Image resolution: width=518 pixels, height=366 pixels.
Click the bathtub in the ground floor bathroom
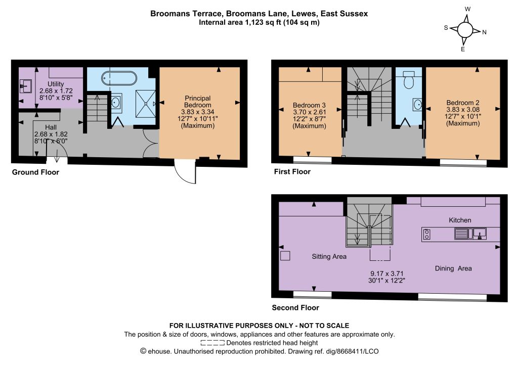coord(119,78)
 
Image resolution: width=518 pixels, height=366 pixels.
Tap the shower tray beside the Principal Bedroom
coord(145,103)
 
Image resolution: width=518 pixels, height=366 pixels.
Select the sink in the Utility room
coord(25,86)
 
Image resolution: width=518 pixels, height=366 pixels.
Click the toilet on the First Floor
coord(409,80)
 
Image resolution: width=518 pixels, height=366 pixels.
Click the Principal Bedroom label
coord(198,102)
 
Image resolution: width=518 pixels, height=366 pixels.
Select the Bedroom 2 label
coord(462,103)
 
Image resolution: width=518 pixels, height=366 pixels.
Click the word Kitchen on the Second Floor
coord(460,220)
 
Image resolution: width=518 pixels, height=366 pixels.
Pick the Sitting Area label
coord(329,256)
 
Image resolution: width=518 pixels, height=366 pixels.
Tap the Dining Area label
coord(453,268)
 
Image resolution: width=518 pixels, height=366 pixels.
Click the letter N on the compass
coord(484,32)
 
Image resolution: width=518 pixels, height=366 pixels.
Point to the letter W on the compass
coord(467,9)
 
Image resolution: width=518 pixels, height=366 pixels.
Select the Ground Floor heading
coord(36,172)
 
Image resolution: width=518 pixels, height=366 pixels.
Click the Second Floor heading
coord(295,307)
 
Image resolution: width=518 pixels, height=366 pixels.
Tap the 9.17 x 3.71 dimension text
coord(386,273)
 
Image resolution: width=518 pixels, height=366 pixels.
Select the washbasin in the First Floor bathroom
coord(417,105)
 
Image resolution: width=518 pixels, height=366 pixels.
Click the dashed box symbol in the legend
coord(212,343)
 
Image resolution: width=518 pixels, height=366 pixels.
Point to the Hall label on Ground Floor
coord(51,127)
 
